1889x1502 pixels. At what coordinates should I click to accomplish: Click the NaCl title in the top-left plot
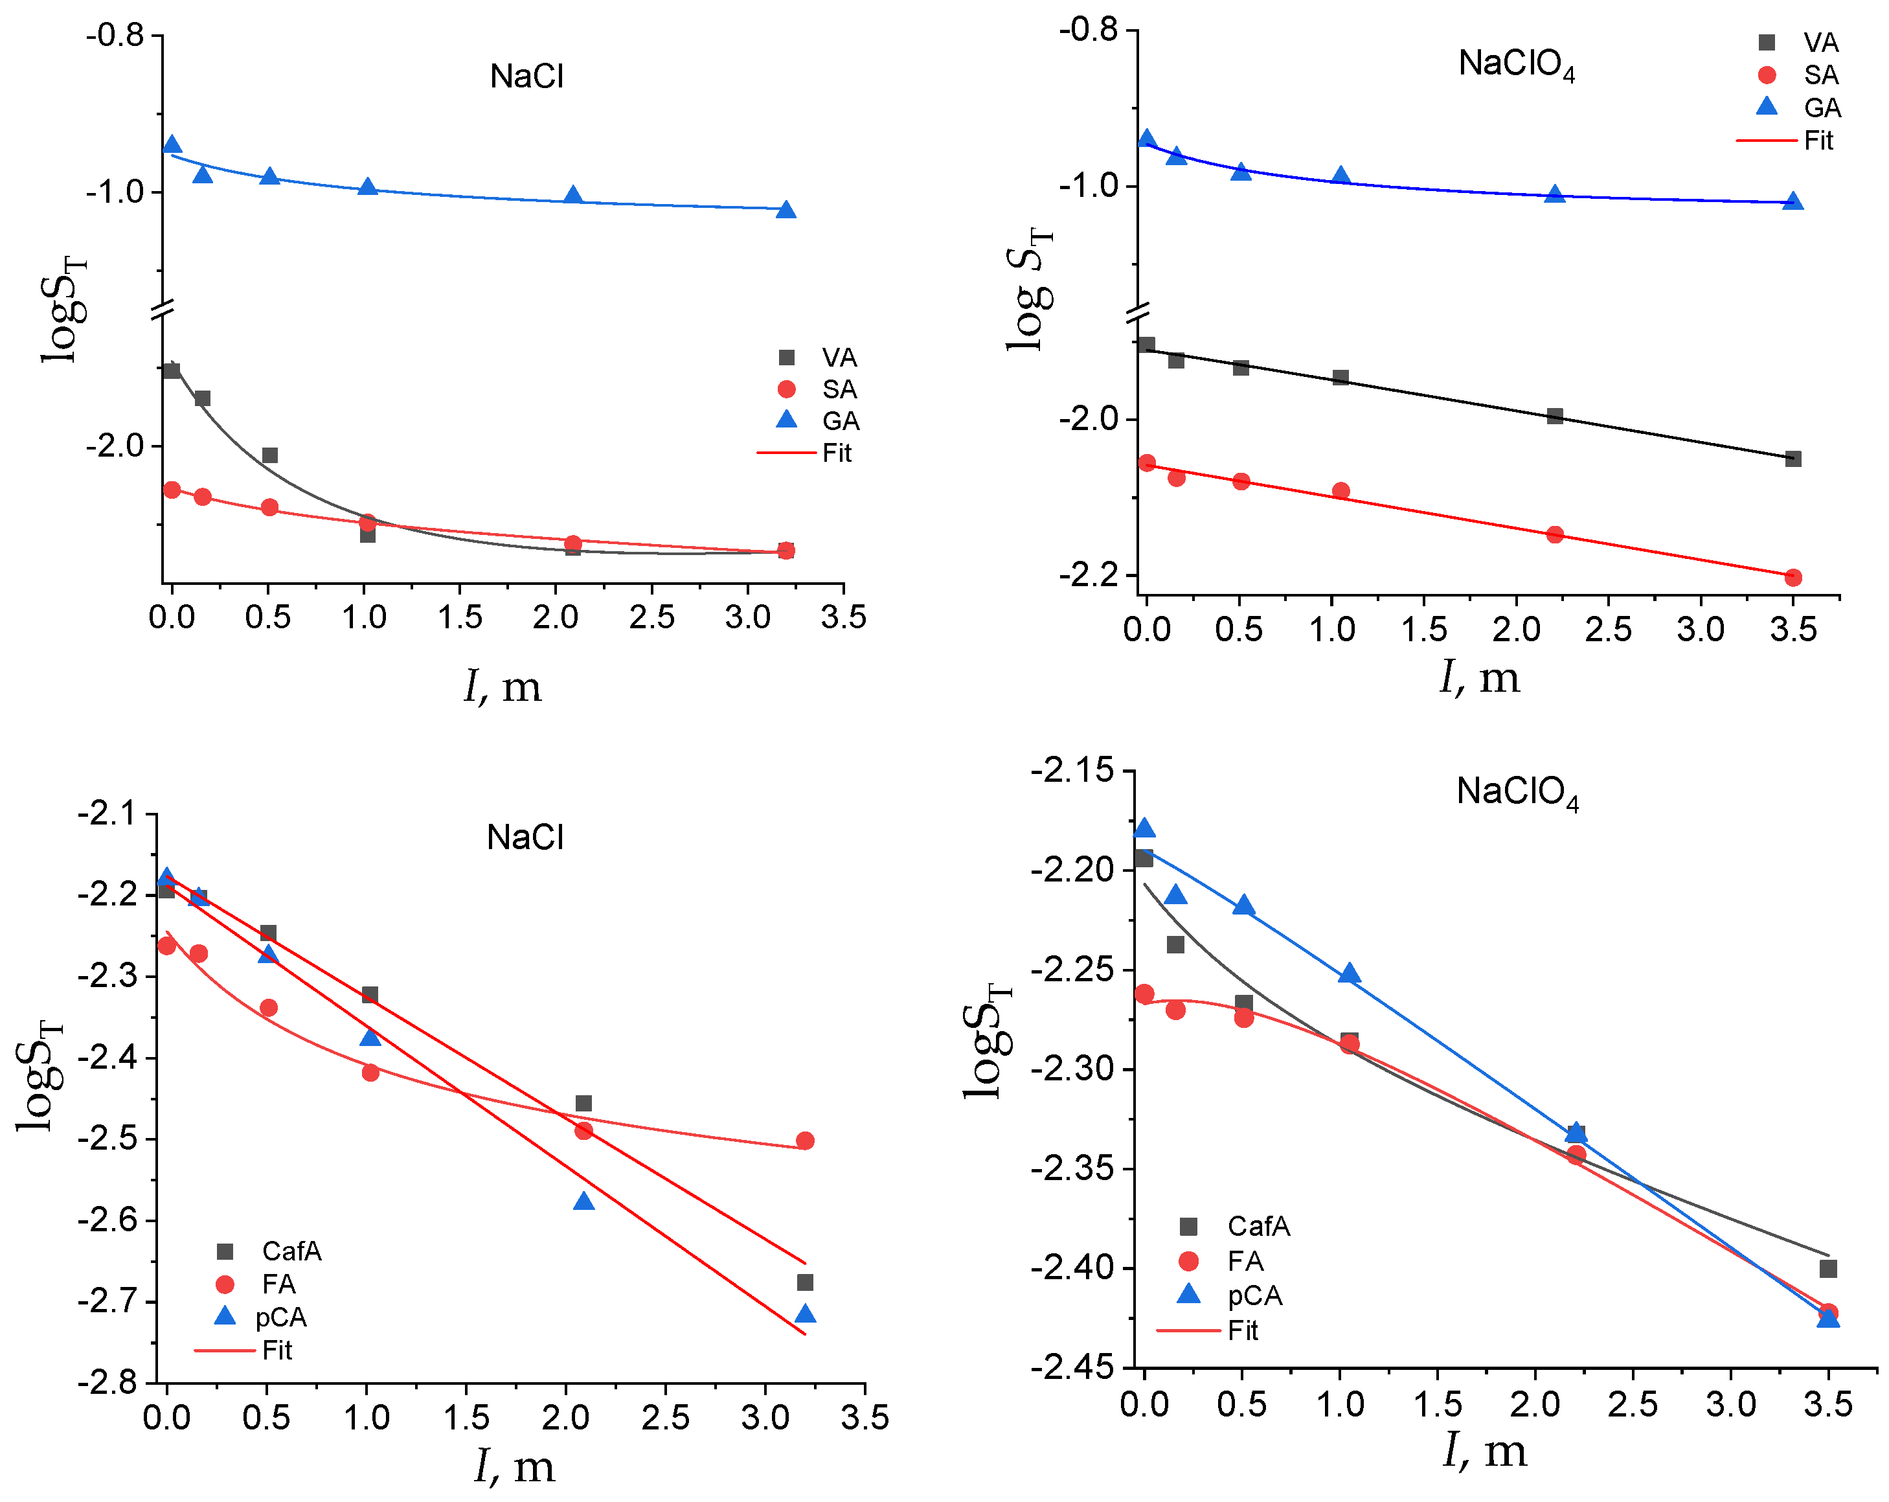[526, 76]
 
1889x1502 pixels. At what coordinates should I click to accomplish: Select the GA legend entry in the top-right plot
[1822, 108]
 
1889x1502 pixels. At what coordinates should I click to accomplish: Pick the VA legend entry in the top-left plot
[839, 358]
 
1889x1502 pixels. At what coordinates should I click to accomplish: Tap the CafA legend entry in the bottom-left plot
[291, 1251]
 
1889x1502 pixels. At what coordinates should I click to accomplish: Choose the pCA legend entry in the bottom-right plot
[1254, 1295]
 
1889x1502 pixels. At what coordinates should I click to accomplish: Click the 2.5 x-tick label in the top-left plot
[652, 618]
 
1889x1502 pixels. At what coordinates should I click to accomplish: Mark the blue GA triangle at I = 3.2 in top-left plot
[786, 209]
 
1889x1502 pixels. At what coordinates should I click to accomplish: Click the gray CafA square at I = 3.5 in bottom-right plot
[1827, 1269]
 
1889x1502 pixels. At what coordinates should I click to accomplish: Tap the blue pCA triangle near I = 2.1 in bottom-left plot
[583, 1201]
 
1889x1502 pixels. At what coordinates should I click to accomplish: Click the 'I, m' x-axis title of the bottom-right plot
[1484, 1450]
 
